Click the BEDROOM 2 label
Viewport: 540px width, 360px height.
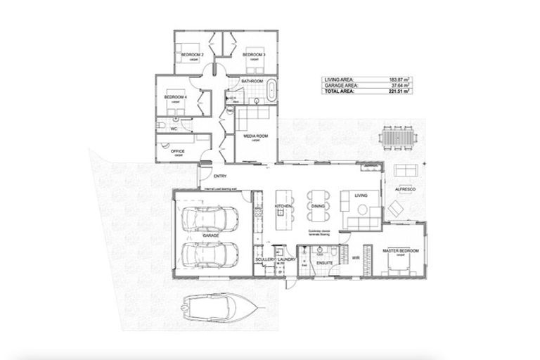(193, 54)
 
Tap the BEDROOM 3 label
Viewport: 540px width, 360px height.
(253, 54)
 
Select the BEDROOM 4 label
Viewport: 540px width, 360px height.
(174, 96)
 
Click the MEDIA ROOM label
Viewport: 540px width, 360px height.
(255, 136)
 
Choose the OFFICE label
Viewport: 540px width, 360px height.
(171, 150)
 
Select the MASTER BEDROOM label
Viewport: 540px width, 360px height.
(400, 250)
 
